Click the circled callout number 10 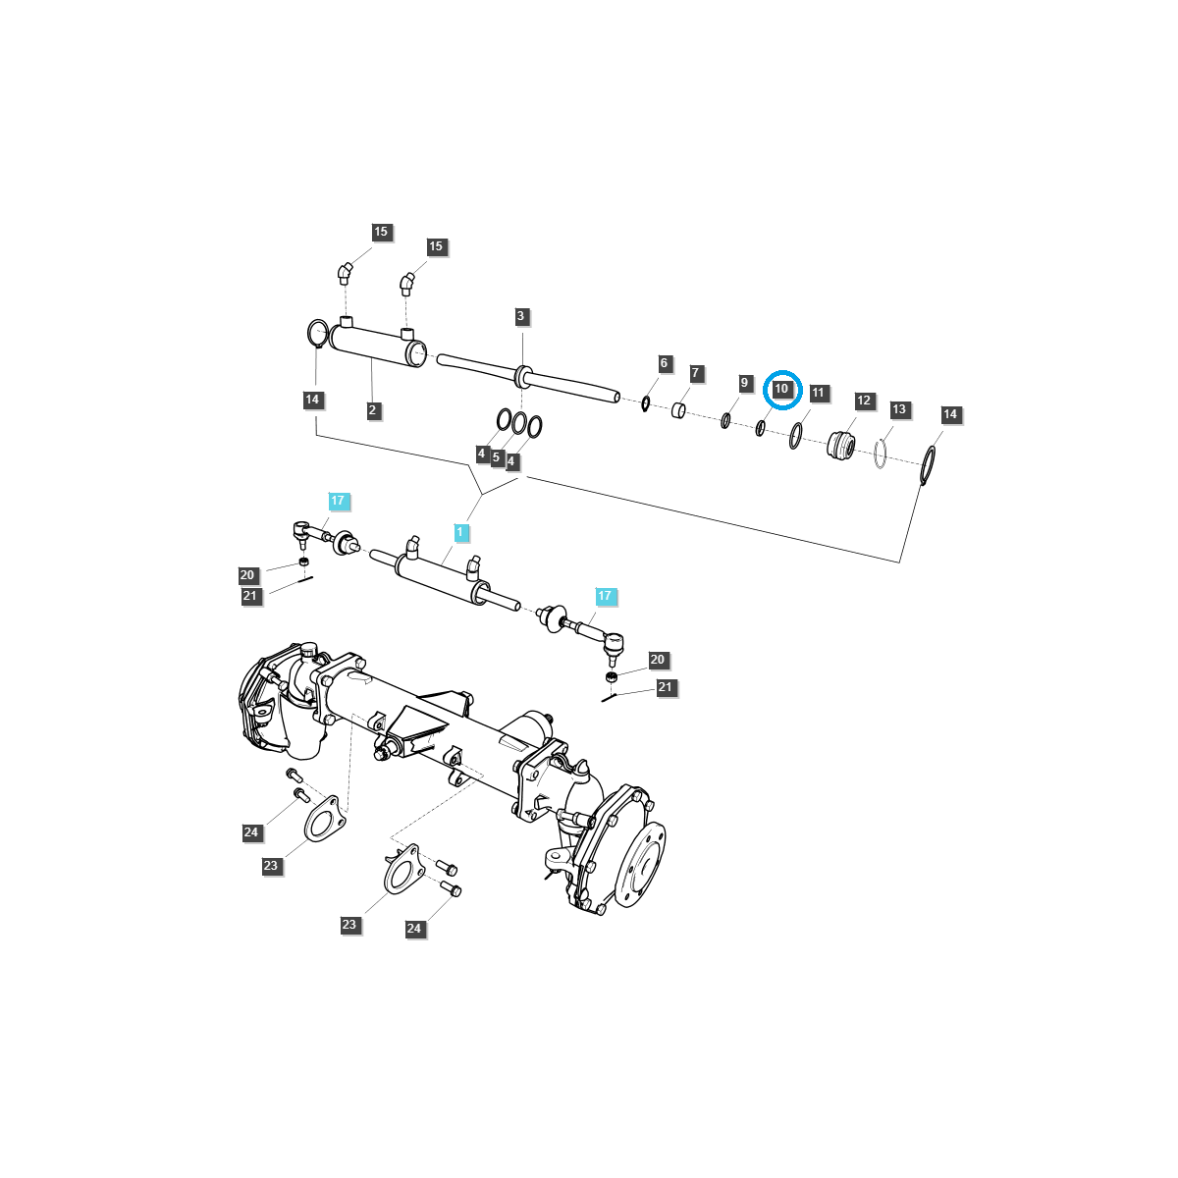point(782,389)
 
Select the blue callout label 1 point(459,532)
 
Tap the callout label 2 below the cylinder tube point(373,410)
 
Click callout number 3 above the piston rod point(521,316)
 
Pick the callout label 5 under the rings point(497,457)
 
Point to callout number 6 point(664,363)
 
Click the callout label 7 point(696,373)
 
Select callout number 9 point(744,382)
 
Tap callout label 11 point(819,393)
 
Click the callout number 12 point(864,401)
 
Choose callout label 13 point(899,408)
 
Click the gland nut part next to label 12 point(840,445)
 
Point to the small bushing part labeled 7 point(679,408)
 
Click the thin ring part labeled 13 point(881,454)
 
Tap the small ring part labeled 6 point(645,402)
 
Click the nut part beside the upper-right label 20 point(612,678)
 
